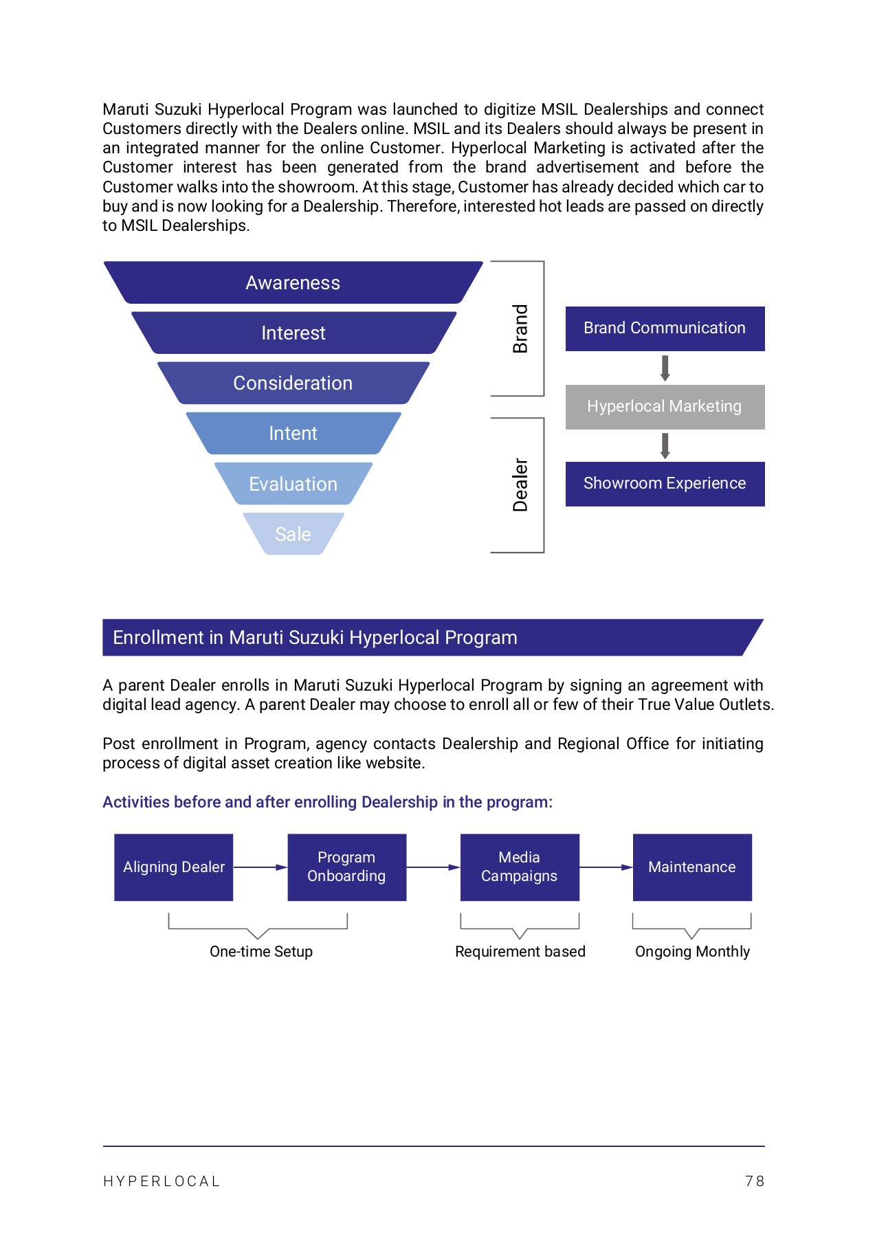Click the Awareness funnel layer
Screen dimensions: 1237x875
[293, 282]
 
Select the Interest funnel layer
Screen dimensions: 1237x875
[293, 333]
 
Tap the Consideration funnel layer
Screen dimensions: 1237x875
[293, 383]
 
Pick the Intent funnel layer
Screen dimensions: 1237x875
[293, 433]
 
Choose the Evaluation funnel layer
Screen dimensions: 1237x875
[293, 484]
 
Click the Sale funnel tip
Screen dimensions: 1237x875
[293, 534]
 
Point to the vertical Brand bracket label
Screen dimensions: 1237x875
[520, 328]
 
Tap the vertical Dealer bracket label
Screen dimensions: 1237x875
[520, 484]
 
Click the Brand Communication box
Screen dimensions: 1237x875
[665, 328]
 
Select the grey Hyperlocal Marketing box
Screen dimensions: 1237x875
[665, 407]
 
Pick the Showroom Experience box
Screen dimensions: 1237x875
[665, 484]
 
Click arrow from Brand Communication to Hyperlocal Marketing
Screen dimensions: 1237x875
[665, 368]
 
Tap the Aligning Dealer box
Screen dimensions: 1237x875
[174, 867]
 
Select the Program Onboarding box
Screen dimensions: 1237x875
[346, 867]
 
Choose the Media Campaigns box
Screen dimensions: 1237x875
[520, 867]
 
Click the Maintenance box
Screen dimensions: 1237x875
[692, 867]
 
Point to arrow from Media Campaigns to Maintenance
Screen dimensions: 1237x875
[606, 867]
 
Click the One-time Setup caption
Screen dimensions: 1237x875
[261, 952]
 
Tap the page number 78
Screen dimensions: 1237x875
[754, 1181]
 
